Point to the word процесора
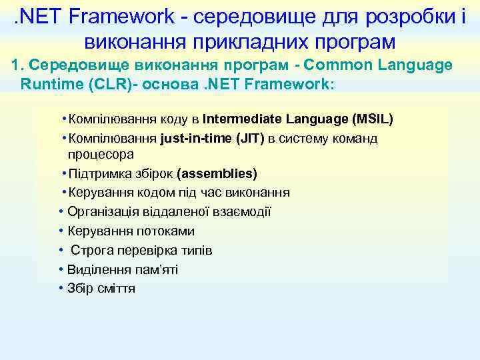(100, 154)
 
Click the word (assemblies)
(217, 173)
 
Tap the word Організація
(103, 212)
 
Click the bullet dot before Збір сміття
(61, 289)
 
